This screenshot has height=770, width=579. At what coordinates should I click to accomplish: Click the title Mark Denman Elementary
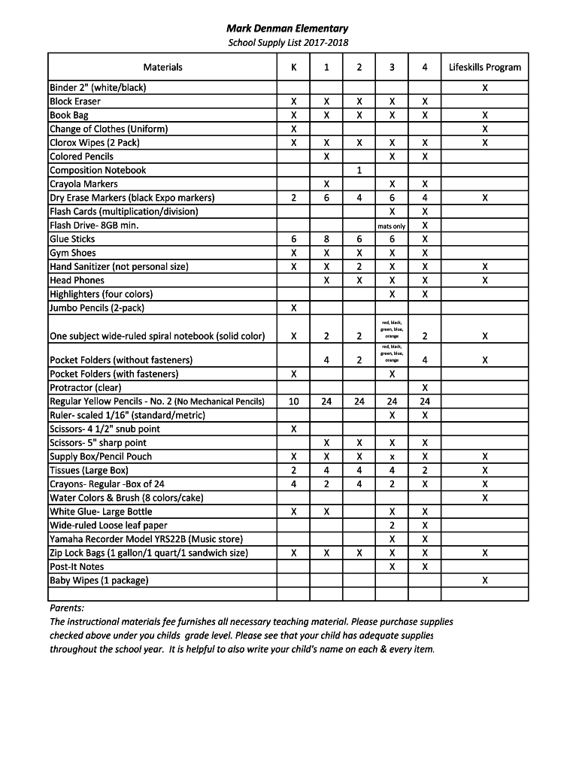pyautogui.click(x=288, y=29)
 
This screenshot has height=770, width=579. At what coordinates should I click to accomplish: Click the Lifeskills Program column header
pyautogui.click(x=485, y=68)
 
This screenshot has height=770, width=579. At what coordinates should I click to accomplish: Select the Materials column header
pyautogui.click(x=162, y=68)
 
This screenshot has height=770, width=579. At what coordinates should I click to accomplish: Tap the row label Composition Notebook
pyautogui.click(x=98, y=170)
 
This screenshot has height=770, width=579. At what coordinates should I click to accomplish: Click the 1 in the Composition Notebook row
pyautogui.click(x=359, y=170)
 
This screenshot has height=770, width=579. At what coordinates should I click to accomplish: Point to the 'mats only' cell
pyautogui.click(x=392, y=226)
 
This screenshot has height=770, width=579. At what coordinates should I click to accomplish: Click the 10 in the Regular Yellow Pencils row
pyautogui.click(x=293, y=402)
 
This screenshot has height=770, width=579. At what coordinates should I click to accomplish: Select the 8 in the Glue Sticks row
pyautogui.click(x=326, y=239)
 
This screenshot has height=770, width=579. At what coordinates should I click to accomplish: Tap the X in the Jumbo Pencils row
pyautogui.click(x=293, y=308)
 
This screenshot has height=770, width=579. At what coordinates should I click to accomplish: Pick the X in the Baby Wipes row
pyautogui.click(x=485, y=581)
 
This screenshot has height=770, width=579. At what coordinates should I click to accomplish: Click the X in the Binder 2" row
pyautogui.click(x=485, y=88)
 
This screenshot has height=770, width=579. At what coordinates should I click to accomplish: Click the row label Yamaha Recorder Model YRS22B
pyautogui.click(x=146, y=539)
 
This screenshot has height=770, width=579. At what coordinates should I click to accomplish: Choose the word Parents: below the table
pyautogui.click(x=67, y=608)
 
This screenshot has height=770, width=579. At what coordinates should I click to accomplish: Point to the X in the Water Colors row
pyautogui.click(x=485, y=498)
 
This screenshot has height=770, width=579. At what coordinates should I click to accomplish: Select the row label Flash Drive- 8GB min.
pyautogui.click(x=94, y=226)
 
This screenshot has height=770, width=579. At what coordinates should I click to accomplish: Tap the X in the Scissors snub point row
pyautogui.click(x=293, y=429)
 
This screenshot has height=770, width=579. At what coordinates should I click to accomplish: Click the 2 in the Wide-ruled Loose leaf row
pyautogui.click(x=392, y=526)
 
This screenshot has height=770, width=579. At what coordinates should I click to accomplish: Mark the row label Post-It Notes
pyautogui.click(x=77, y=567)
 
